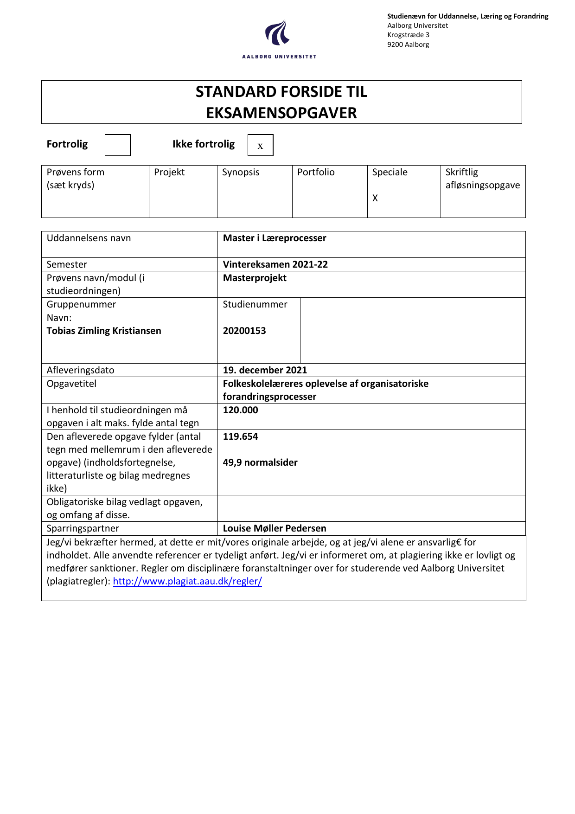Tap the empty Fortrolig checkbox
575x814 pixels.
click(117, 145)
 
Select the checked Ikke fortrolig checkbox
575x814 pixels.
click(260, 145)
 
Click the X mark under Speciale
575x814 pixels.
click(375, 198)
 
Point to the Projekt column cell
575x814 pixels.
click(183, 191)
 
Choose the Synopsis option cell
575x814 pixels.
click(254, 191)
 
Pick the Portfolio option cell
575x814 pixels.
click(329, 191)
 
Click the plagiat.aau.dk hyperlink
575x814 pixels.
click(187, 581)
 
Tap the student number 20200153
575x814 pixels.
click(244, 331)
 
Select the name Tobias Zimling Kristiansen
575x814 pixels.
click(104, 331)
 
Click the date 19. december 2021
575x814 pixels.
click(265, 370)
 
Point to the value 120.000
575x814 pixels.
click(240, 410)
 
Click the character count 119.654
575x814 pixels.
click(240, 436)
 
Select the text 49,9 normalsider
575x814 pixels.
click(260, 462)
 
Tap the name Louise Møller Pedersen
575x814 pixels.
click(275, 528)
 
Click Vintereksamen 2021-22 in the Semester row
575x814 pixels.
click(275, 264)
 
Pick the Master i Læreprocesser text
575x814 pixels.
click(275, 238)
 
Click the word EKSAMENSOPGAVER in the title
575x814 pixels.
click(281, 113)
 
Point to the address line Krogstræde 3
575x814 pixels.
click(408, 35)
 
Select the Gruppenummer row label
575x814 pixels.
click(81, 304)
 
